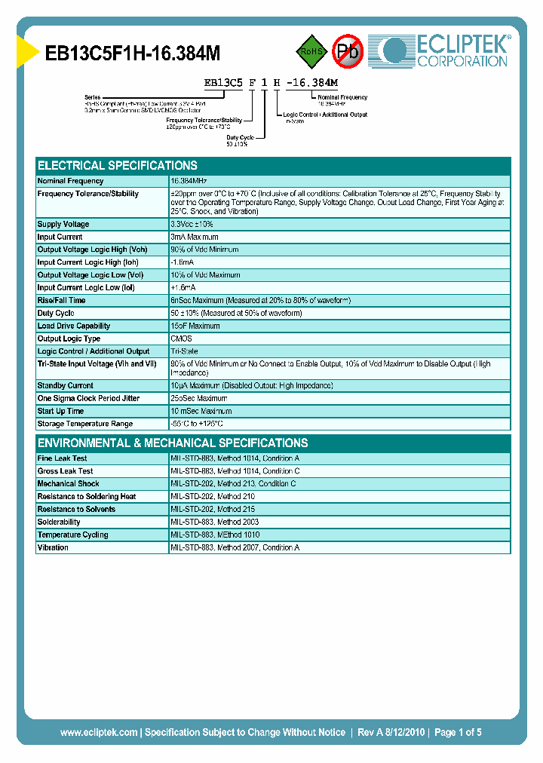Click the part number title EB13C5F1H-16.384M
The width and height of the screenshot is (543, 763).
[133, 53]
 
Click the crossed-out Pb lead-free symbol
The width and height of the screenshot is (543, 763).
[348, 51]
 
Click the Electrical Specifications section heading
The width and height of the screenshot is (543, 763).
[118, 166]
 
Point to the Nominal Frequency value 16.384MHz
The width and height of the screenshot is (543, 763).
[189, 181]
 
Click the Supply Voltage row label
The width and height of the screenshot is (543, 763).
[63, 225]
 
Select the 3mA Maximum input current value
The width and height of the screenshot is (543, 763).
[195, 237]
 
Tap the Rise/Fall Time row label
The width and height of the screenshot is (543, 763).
[61, 301]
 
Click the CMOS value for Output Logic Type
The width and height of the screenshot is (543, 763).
[181, 339]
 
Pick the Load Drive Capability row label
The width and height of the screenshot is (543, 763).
[74, 326]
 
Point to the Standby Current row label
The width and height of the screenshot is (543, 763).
[66, 385]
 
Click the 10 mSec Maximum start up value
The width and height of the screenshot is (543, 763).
[200, 411]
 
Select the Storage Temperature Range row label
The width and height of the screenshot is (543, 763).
[85, 424]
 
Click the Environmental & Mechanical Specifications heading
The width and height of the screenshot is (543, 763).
[173, 443]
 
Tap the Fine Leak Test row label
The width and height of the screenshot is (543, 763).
[62, 458]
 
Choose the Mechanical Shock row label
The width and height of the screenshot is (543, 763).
[68, 484]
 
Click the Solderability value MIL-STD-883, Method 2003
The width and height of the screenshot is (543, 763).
[215, 522]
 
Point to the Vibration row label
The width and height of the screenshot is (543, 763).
[53, 547]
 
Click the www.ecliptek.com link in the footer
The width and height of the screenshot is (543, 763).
[99, 732]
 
